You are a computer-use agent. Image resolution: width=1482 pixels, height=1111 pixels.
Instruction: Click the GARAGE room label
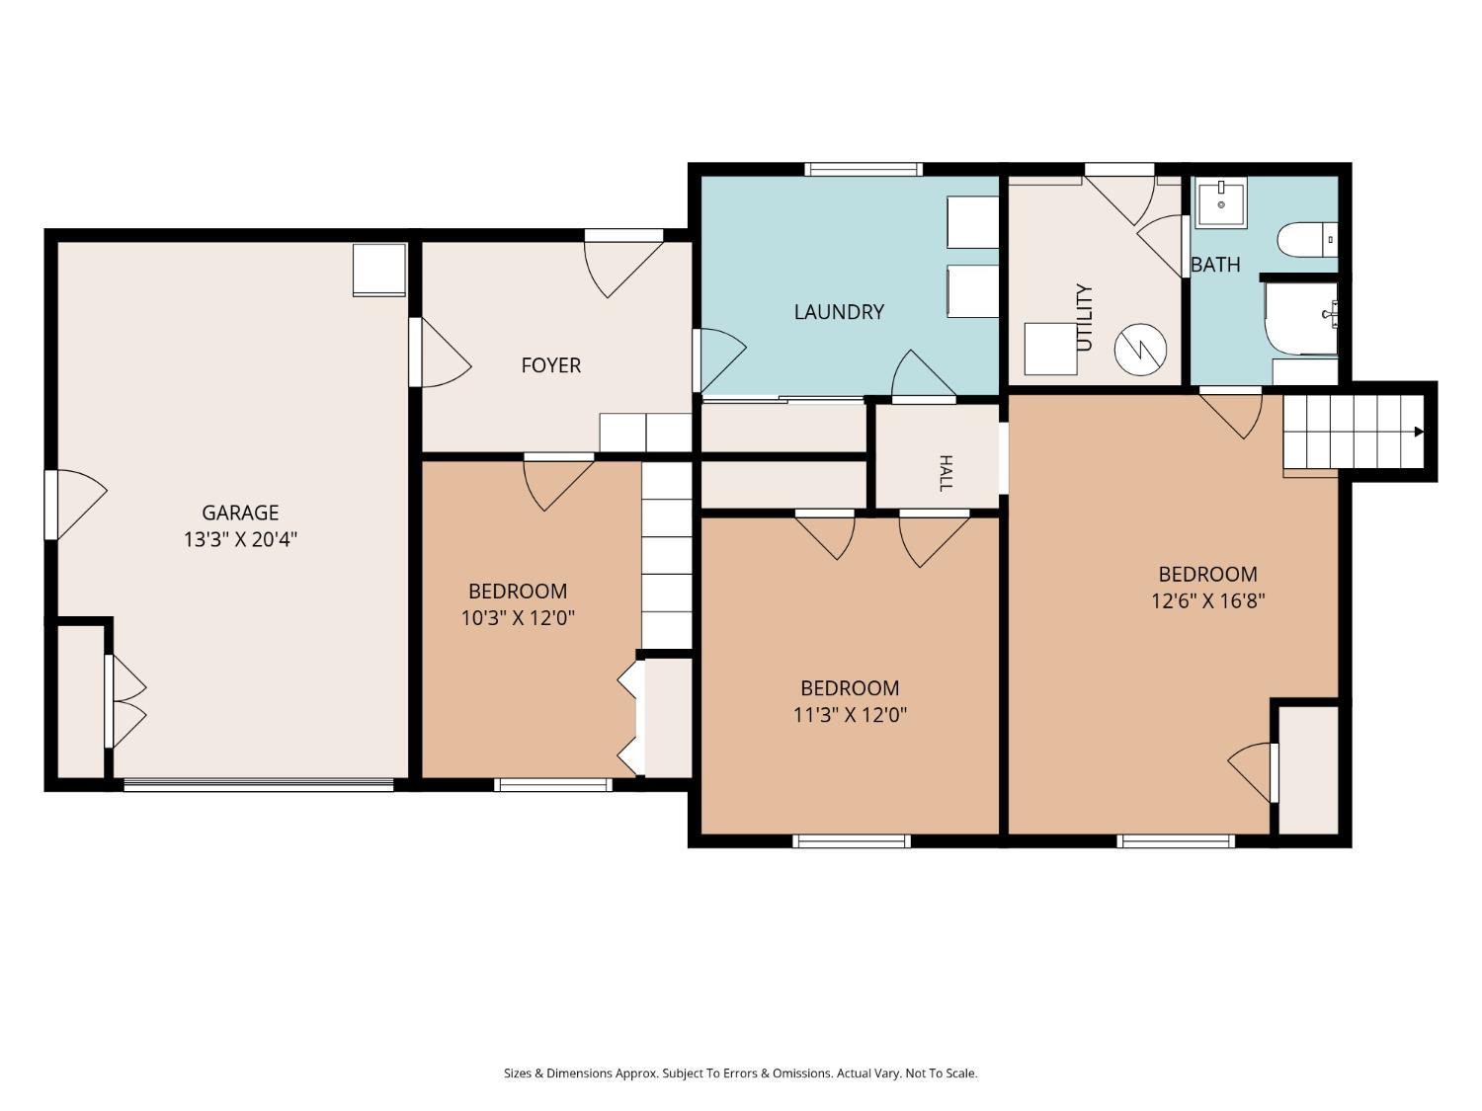click(240, 513)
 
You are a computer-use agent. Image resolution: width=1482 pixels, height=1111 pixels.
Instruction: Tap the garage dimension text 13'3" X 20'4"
click(240, 539)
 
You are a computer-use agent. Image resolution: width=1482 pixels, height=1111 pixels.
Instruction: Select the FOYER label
click(551, 365)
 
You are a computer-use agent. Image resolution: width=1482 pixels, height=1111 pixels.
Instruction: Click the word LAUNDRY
click(839, 312)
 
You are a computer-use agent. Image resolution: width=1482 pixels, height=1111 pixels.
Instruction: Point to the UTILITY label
click(1084, 317)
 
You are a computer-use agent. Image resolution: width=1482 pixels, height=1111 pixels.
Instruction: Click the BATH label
click(1215, 265)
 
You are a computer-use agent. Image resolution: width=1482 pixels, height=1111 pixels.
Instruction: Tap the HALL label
click(947, 473)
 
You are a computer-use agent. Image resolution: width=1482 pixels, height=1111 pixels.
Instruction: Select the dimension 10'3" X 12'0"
click(518, 618)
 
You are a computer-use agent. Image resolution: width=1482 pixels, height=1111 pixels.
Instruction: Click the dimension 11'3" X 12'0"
click(850, 714)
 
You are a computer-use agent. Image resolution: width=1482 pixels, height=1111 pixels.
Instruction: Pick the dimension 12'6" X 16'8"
click(1208, 600)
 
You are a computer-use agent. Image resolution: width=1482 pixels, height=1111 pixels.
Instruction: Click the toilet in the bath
click(1307, 239)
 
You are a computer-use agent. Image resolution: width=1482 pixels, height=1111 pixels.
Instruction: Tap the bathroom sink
click(1221, 202)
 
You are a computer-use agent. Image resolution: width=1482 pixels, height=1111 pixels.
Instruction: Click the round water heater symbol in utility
click(1140, 349)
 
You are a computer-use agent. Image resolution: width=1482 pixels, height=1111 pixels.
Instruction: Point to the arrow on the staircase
click(1419, 432)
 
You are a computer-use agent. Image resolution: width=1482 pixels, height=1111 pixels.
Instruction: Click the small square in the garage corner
click(379, 270)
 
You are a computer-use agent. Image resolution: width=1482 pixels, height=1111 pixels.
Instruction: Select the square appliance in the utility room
click(1050, 348)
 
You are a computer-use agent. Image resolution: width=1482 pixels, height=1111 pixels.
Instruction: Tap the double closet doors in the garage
click(126, 701)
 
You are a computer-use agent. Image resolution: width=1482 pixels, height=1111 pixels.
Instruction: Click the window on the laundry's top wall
click(863, 169)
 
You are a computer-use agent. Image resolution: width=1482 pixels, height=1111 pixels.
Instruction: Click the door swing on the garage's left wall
click(76, 505)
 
